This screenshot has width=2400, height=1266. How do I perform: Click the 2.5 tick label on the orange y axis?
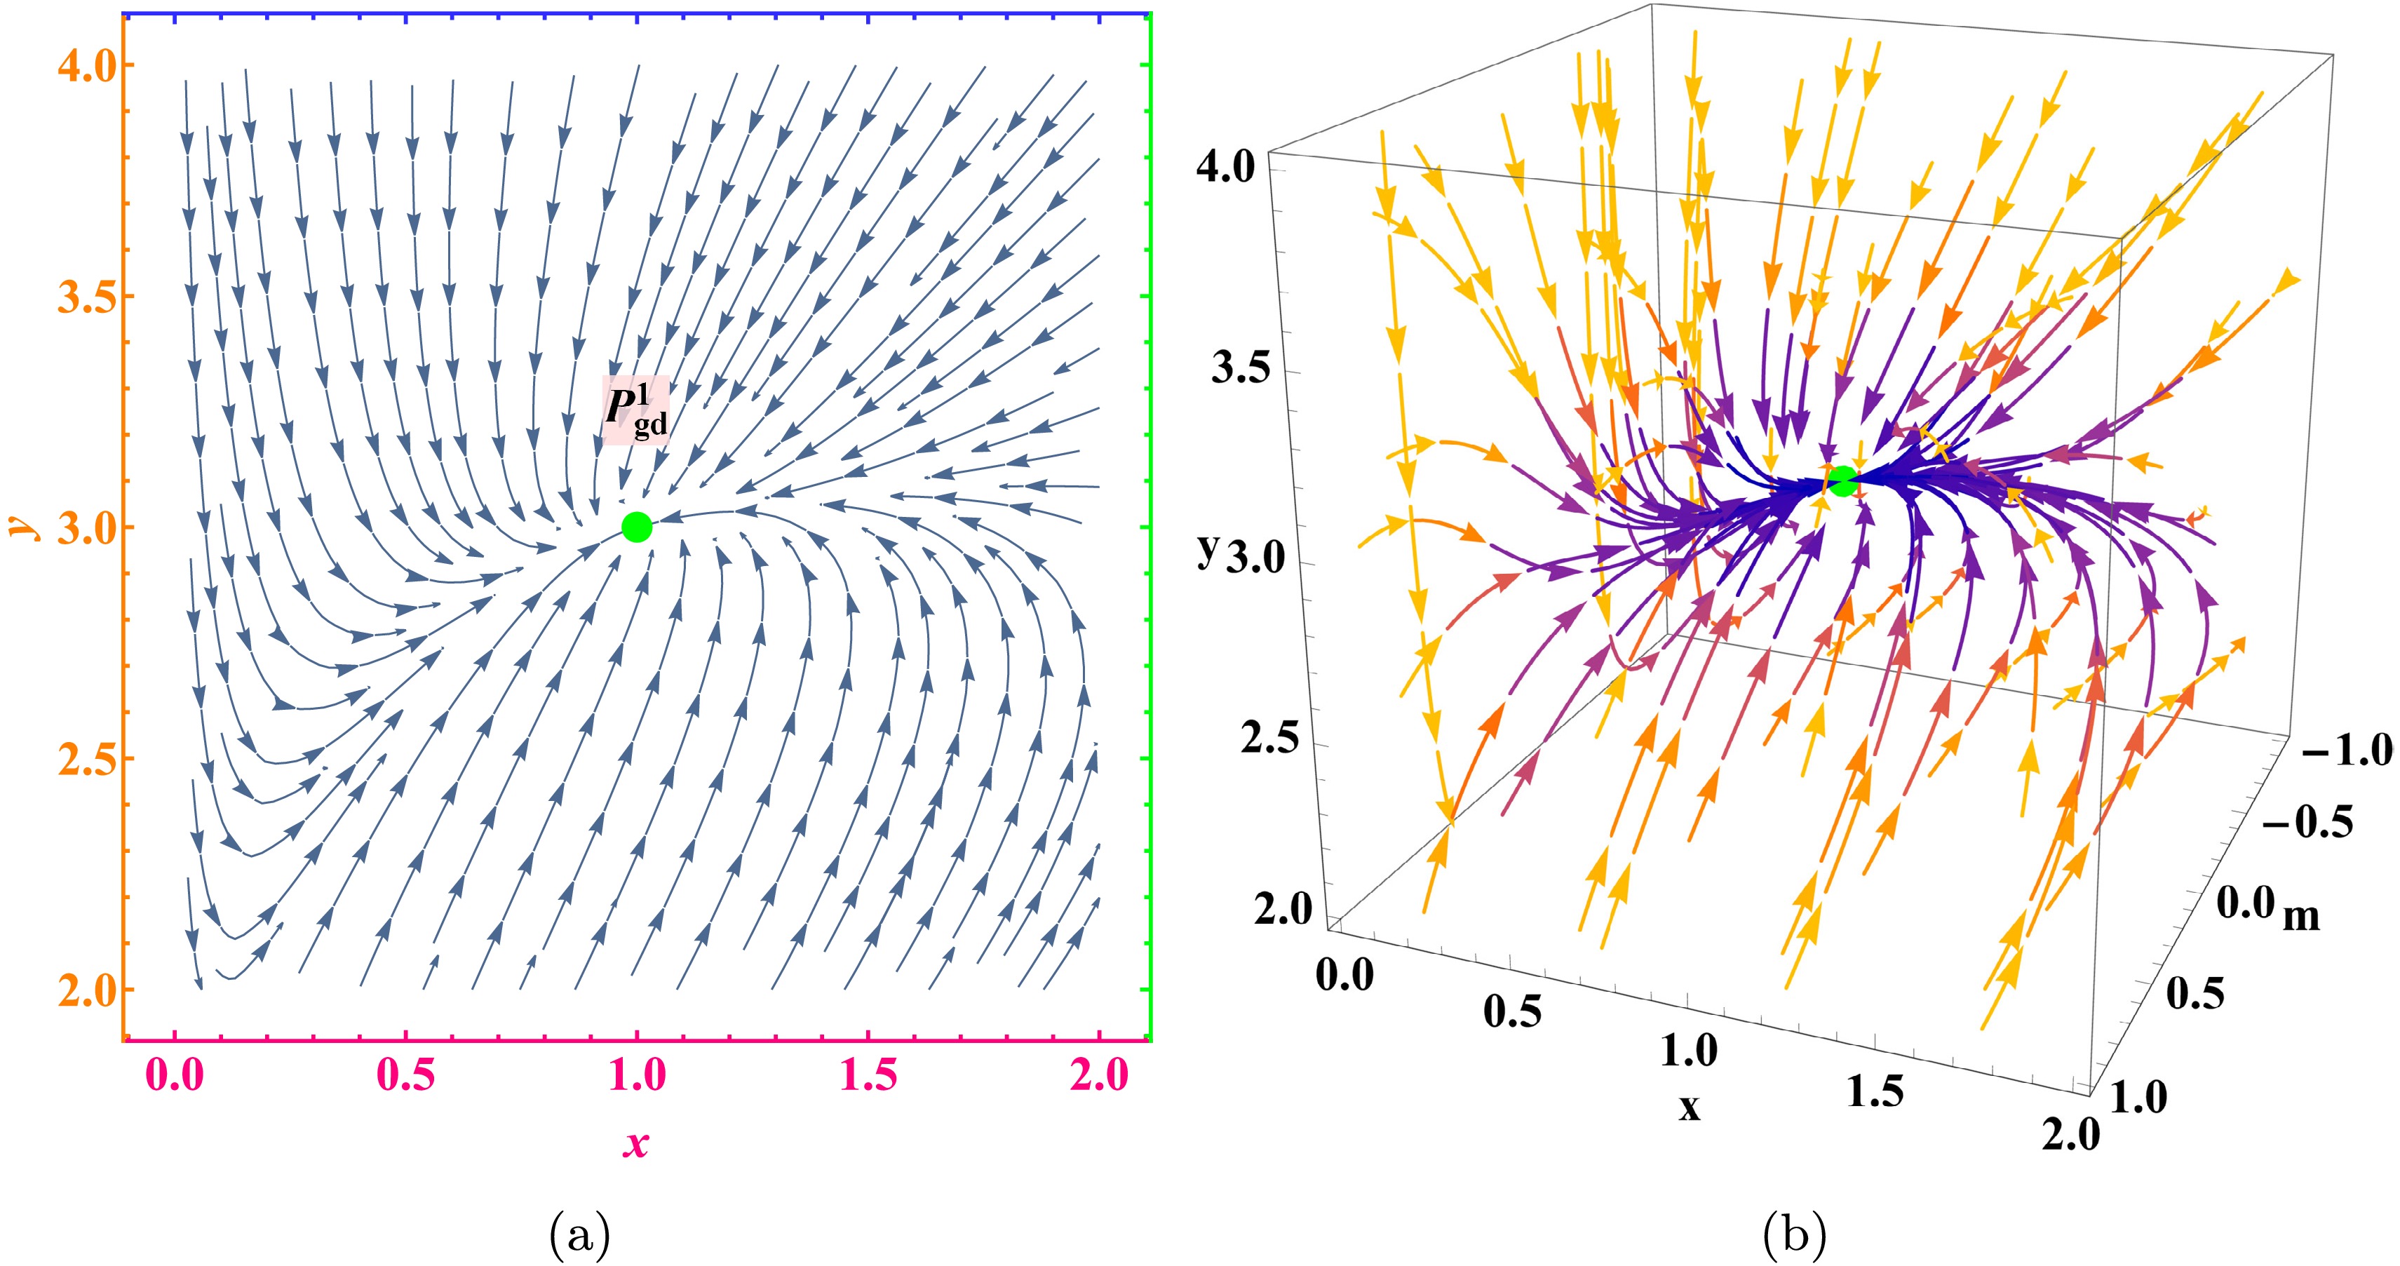pyautogui.click(x=83, y=758)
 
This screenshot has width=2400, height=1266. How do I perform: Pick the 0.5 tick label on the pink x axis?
pyautogui.click(x=405, y=1076)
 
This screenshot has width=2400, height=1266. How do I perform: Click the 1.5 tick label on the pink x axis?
pyautogui.click(x=868, y=1076)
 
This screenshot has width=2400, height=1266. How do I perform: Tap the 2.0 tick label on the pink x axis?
pyautogui.click(x=1100, y=1076)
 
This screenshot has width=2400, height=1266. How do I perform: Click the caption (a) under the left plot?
pyautogui.click(x=581, y=1235)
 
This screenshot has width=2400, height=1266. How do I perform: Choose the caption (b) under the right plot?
pyautogui.click(x=1795, y=1235)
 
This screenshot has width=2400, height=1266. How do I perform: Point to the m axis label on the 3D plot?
pyautogui.click(x=2301, y=916)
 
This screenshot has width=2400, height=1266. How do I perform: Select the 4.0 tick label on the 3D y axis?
pyautogui.click(x=1226, y=168)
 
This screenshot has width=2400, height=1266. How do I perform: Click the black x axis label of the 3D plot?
pyautogui.click(x=1689, y=1107)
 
